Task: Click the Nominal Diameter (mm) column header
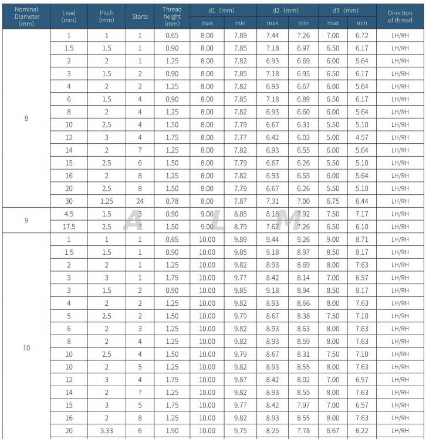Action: click(26, 16)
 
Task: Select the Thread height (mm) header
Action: click(172, 16)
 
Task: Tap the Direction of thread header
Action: click(400, 16)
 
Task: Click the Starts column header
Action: click(140, 16)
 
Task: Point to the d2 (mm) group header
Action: click(287, 11)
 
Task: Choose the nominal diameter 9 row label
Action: click(26, 220)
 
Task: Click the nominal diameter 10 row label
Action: click(26, 347)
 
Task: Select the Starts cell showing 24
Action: click(140, 201)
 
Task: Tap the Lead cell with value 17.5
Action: click(69, 227)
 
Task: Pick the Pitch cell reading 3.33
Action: click(106, 430)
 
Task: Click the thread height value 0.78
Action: click(172, 201)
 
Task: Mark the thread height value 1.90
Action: click(172, 430)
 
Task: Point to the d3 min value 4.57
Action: click(361, 137)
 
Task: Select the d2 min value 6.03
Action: click(303, 137)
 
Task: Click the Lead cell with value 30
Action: click(69, 201)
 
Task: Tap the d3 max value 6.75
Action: click(333, 201)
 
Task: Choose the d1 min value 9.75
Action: click(240, 430)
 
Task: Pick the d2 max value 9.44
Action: click(272, 239)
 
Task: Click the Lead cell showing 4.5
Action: click(69, 214)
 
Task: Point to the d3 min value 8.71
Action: click(361, 239)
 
